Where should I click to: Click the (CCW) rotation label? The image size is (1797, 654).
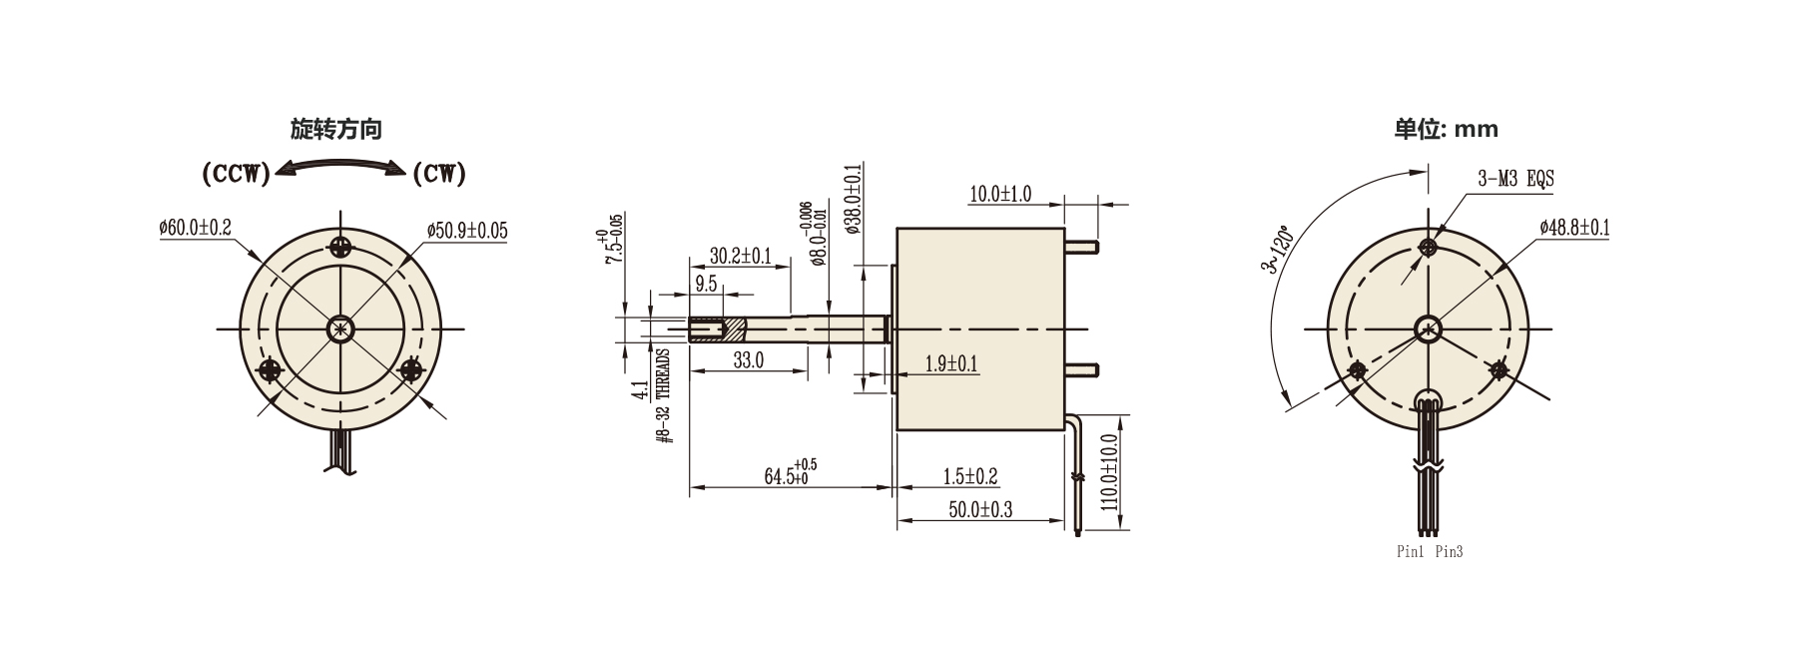click(236, 175)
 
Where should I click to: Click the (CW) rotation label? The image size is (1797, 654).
click(439, 175)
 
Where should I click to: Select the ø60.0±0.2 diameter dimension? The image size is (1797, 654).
click(195, 229)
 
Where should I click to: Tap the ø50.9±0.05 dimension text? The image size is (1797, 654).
click(467, 232)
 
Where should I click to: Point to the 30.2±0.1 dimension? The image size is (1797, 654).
click(740, 257)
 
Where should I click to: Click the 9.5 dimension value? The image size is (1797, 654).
click(707, 284)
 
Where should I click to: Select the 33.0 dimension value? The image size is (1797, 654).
click(749, 360)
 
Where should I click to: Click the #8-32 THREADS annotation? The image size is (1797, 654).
click(664, 395)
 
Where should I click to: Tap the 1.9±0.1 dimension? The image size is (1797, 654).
click(951, 364)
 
